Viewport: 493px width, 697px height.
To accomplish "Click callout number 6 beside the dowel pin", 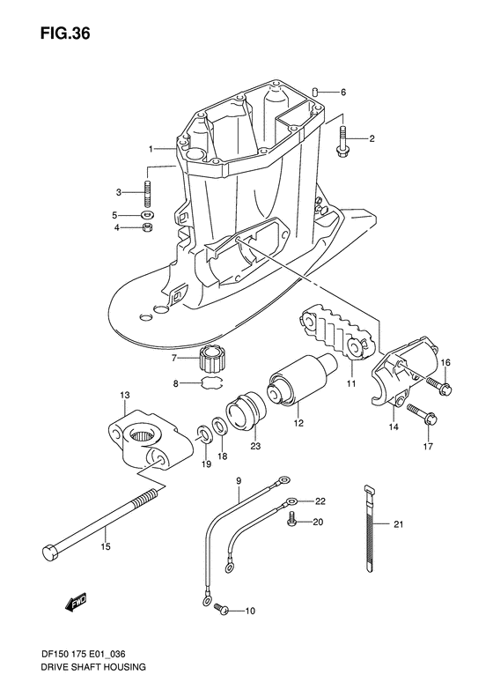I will click(343, 93).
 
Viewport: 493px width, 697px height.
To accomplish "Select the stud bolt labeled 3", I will click(149, 191).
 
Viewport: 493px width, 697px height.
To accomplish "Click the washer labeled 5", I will click(148, 215).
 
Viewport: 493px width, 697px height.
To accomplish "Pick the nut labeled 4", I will click(148, 229).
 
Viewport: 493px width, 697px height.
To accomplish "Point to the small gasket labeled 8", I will click(209, 382).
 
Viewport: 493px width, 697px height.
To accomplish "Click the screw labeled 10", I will click(222, 610).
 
